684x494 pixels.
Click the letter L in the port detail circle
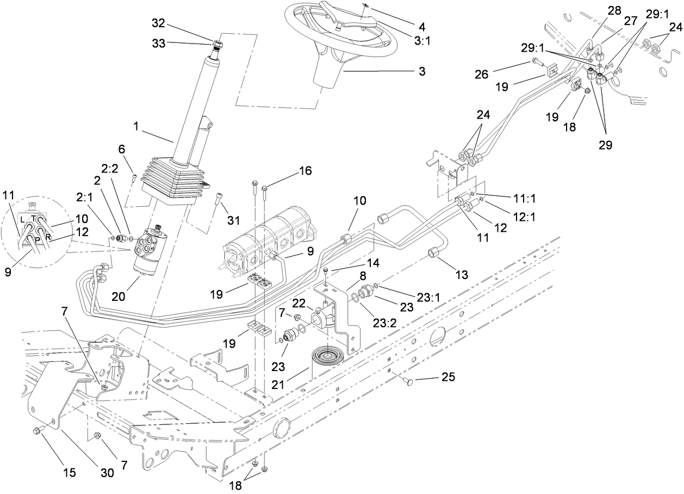(22, 219)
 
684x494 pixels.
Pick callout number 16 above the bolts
(304, 171)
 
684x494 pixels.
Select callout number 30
(108, 473)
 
